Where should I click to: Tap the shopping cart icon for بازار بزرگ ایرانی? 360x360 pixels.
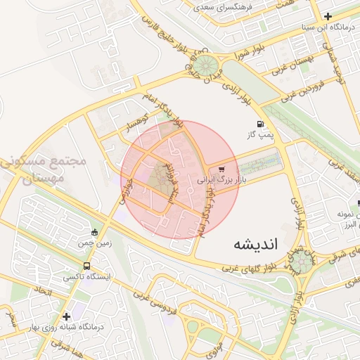222,169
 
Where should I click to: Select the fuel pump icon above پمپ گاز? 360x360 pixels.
262,124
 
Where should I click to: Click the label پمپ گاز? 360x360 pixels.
262,134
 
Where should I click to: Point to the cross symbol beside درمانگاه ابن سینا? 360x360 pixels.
328,15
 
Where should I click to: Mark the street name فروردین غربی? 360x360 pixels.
303,92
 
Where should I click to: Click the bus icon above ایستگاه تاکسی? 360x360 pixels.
86,266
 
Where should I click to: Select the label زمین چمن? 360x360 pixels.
95,243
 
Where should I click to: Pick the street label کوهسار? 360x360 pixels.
136,121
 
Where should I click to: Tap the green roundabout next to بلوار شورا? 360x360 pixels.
205,66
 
